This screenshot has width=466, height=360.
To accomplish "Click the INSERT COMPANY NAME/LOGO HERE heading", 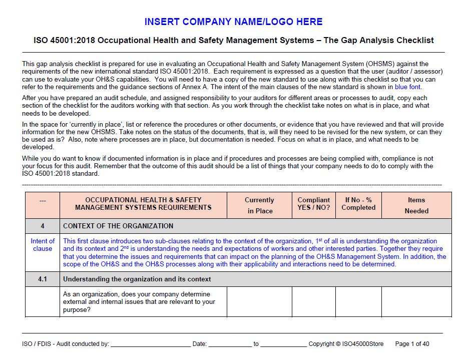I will coord(233,22).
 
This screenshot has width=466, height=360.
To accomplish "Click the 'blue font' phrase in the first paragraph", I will coord(408,87).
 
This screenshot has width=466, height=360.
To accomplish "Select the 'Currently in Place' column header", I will coord(259,205).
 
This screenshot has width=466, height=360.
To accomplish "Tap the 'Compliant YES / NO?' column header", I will coord(313,204).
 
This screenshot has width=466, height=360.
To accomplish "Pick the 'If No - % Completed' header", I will coord(358,204).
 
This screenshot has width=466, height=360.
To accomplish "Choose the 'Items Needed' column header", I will coord(416,205).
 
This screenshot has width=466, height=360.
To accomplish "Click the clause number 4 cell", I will coord(43,226).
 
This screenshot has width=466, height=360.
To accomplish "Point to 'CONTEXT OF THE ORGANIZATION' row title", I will coord(118,226).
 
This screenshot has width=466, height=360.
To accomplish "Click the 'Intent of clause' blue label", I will coord(43,245).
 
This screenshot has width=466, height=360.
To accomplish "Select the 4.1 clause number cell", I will coord(43,279).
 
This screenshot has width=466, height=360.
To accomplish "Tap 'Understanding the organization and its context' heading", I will coord(137,279).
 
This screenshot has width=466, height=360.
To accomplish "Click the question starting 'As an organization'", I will coord(139,301).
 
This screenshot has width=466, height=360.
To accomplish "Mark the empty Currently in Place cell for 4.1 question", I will coord(259,301).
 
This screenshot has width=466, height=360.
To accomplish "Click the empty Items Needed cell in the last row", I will coord(416,301).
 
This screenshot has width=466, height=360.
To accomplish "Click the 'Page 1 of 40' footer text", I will coord(412,344).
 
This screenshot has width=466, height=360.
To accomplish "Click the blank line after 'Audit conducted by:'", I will coord(150,344).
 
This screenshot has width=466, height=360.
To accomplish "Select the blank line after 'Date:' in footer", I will coord(230,344).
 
